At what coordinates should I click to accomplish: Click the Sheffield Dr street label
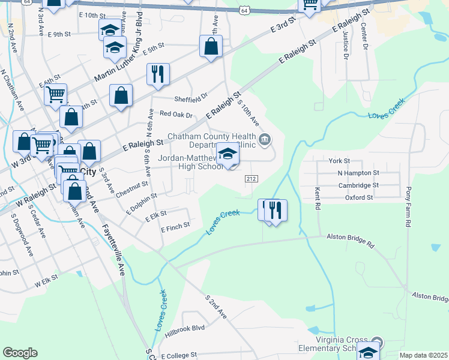[x=190, y=96]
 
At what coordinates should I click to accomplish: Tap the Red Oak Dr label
[x=176, y=115]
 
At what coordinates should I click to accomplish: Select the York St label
[x=339, y=161]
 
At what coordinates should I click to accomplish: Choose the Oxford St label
[x=359, y=197]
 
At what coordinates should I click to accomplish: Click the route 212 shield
[x=252, y=179]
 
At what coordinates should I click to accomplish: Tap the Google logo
[x=20, y=353]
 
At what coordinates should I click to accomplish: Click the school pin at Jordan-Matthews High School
[x=228, y=155]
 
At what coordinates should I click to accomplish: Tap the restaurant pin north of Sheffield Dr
[x=158, y=74]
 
